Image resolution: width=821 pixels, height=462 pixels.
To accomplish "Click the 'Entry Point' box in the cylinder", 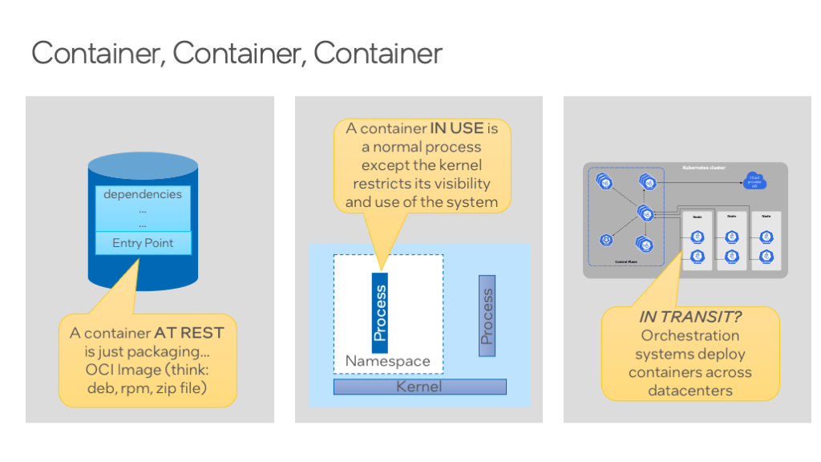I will point(142,243).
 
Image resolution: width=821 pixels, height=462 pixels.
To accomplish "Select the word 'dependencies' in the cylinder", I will point(143,194).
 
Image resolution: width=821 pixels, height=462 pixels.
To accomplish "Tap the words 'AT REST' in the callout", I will point(189,333).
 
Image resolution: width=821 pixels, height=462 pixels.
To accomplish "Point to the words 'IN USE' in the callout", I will point(456,128).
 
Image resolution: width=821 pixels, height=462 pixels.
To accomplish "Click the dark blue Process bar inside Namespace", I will point(380,312).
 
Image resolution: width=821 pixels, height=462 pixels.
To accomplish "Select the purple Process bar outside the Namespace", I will point(487,316).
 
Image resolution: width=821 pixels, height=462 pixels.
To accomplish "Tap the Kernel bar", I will point(419,387).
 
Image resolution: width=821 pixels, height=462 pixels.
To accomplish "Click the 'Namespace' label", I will point(387,361).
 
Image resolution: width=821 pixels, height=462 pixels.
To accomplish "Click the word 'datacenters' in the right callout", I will point(690,391).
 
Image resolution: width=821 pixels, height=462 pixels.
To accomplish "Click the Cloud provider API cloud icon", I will point(754,181).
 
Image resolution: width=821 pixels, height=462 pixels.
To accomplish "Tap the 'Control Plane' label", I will point(625,261).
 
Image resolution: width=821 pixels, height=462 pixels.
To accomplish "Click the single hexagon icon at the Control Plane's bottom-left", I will point(605,240).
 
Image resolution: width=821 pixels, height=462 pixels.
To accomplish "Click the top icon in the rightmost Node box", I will point(766,237).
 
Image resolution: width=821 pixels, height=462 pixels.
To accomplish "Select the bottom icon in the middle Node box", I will point(731,255).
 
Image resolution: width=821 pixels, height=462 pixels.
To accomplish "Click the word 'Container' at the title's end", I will point(378,53).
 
